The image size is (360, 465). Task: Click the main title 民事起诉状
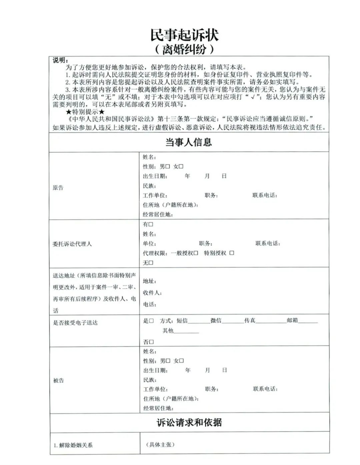[x=184, y=35]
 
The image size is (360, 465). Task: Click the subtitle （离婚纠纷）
[x=184, y=49]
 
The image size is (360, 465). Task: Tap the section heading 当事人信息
[x=189, y=142]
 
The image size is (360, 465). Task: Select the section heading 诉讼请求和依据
[x=189, y=423]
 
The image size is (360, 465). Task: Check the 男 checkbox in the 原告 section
[x=168, y=166]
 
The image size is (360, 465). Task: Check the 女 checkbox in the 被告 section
[x=182, y=361]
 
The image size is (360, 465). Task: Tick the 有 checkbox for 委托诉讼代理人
[x=151, y=224]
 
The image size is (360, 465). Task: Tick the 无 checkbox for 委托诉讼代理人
[x=151, y=263]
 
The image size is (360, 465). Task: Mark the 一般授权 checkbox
[x=196, y=253]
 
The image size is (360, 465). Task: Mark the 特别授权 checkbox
[x=232, y=253]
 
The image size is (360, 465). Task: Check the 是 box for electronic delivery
[x=151, y=321]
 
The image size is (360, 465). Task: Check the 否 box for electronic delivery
[x=151, y=342]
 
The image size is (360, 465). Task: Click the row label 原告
[x=58, y=188]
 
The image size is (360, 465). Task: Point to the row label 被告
[x=59, y=380]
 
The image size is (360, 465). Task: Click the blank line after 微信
[x=233, y=321]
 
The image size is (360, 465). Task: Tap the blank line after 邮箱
[x=308, y=321]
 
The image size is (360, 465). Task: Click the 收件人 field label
[x=152, y=293]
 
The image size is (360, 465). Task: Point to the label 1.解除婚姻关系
[x=73, y=445]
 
